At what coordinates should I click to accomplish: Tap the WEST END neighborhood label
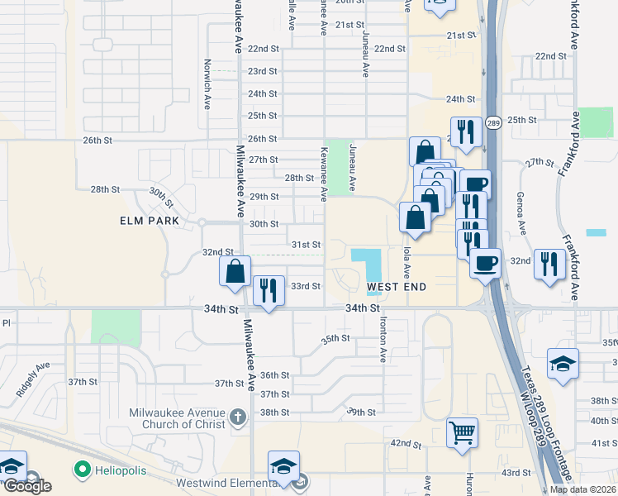(x=397, y=287)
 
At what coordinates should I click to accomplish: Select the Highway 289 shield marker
(x=493, y=123)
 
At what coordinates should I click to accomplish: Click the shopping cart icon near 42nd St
(x=462, y=432)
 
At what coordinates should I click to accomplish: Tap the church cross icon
(x=238, y=416)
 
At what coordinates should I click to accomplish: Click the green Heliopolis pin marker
(x=82, y=470)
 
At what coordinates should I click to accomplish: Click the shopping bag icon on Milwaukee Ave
(x=235, y=270)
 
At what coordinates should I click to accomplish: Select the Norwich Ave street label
(x=207, y=83)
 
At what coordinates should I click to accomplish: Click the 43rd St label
(x=516, y=472)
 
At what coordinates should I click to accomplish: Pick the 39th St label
(x=362, y=412)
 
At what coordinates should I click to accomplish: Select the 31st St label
(x=306, y=245)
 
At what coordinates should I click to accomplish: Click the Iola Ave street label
(x=407, y=260)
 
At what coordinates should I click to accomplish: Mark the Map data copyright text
(x=582, y=489)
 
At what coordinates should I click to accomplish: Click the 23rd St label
(x=263, y=71)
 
